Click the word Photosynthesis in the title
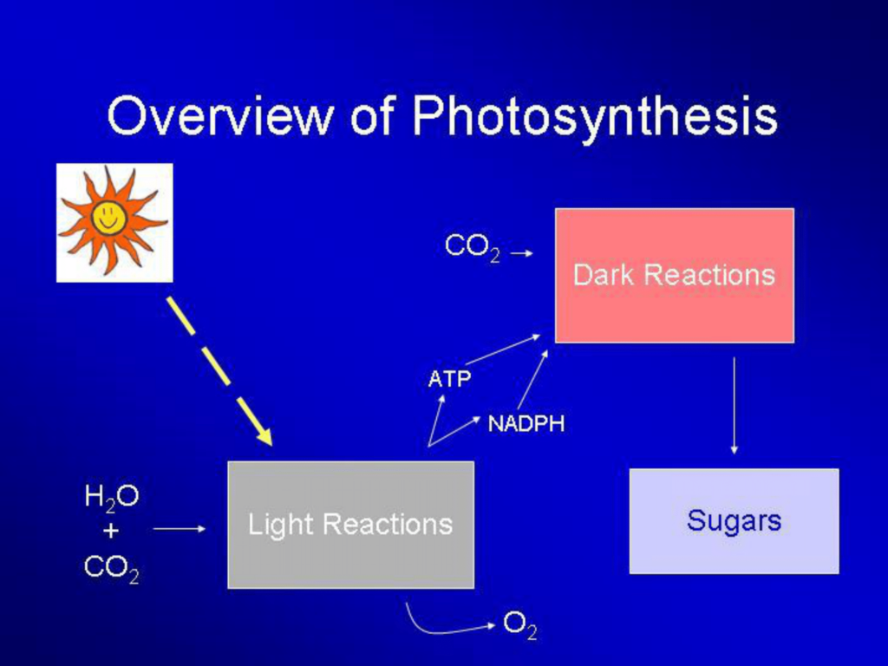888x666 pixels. pyautogui.click(x=595, y=119)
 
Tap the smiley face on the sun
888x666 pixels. pyautogui.click(x=107, y=218)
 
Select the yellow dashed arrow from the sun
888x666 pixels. pyautogui.click(x=219, y=370)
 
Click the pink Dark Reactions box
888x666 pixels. pyautogui.click(x=675, y=275)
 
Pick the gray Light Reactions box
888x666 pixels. pyautogui.click(x=351, y=525)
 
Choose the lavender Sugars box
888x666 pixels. pyautogui.click(x=734, y=521)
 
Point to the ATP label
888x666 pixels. pyautogui.click(x=450, y=379)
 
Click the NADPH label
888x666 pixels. pyautogui.click(x=526, y=423)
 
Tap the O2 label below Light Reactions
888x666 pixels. pyautogui.click(x=520, y=626)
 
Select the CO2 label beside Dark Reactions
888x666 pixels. pyautogui.click(x=473, y=247)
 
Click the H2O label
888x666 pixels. pyautogui.click(x=112, y=498)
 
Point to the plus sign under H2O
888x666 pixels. pyautogui.click(x=111, y=531)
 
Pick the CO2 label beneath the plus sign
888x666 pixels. pyautogui.click(x=112, y=568)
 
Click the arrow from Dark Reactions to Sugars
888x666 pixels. pyautogui.click(x=734, y=406)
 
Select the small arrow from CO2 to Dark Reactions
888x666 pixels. pyautogui.click(x=521, y=253)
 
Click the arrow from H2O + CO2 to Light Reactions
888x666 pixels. pyautogui.click(x=180, y=529)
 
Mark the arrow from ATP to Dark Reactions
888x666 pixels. pyautogui.click(x=503, y=349)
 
